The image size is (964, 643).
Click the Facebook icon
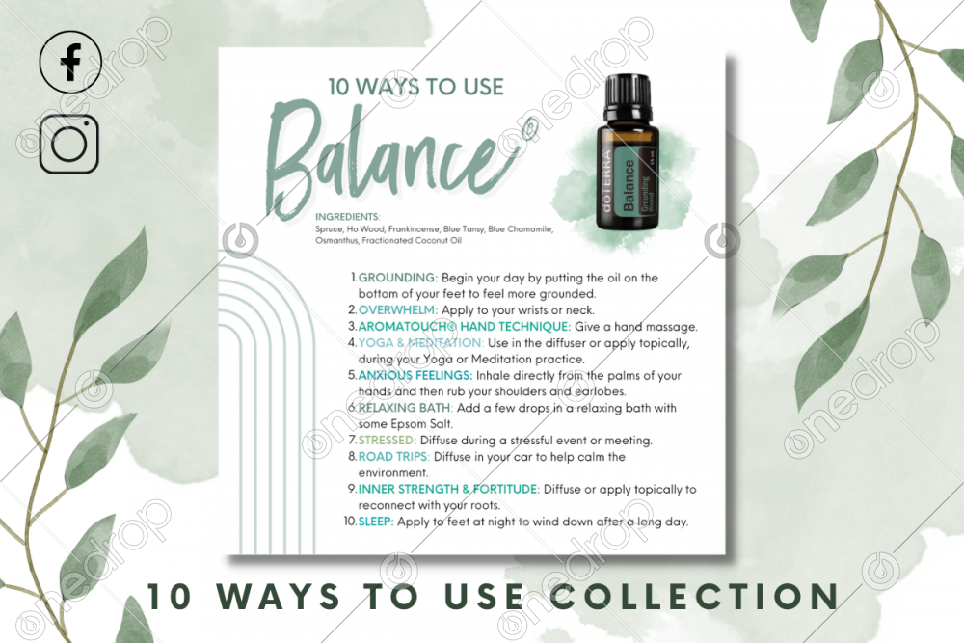(70, 62)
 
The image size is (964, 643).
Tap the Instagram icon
(69, 144)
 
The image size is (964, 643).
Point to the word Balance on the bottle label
(629, 185)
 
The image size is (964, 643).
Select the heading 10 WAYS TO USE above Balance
(415, 87)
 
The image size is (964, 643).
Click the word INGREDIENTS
(348, 216)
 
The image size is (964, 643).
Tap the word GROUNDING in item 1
(398, 278)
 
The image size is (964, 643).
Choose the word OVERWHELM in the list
(398, 309)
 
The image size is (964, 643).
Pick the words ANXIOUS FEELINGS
(415, 375)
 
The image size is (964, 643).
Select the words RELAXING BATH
(405, 408)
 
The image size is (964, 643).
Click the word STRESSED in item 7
(388, 441)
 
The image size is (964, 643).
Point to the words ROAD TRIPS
(393, 457)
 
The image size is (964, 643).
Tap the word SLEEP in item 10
(376, 522)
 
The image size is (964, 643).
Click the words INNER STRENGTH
(408, 490)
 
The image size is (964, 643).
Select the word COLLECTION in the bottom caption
(695, 597)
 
